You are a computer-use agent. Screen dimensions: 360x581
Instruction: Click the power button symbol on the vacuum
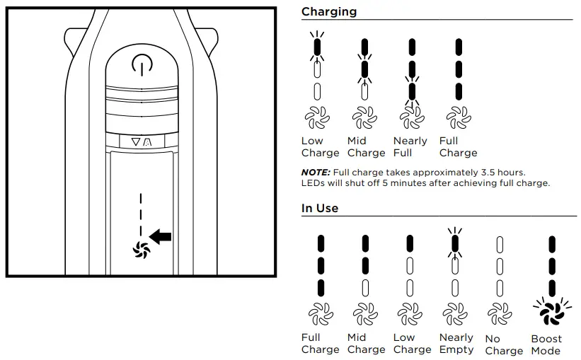[142, 65]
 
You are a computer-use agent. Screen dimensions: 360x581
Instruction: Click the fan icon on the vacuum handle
[142, 248]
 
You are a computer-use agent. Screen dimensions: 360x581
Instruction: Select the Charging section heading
[329, 11]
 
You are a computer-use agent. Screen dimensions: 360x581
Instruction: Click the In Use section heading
[320, 208]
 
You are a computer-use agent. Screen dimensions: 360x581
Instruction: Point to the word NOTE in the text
[315, 172]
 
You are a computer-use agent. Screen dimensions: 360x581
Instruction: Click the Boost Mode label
[546, 344]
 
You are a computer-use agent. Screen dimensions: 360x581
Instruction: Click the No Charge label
[504, 344]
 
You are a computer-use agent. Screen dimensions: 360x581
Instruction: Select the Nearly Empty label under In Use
[456, 344]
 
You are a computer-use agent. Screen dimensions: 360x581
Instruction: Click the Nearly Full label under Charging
[410, 146]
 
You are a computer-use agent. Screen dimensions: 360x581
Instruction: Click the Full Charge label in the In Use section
[320, 344]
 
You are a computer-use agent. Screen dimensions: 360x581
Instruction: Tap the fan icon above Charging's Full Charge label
[458, 117]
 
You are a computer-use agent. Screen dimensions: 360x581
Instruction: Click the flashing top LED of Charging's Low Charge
[317, 47]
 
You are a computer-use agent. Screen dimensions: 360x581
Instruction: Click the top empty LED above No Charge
[499, 243]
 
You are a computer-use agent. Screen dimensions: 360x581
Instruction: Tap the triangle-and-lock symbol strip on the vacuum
[142, 141]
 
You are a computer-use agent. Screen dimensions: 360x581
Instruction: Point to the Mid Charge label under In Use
[366, 344]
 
